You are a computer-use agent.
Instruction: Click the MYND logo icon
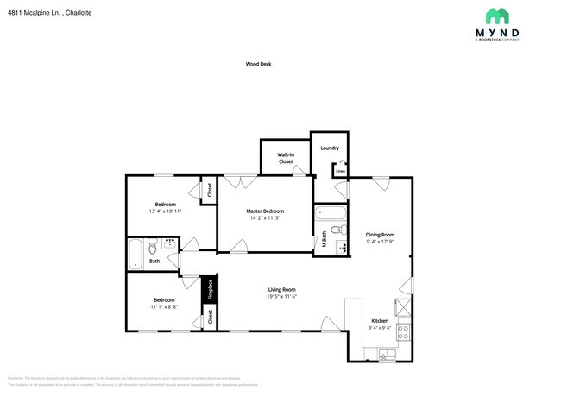(x=497, y=16)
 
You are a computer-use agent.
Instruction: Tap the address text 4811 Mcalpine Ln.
(x=49, y=14)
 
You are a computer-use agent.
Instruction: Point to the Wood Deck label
(x=258, y=63)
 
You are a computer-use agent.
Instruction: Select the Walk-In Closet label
(x=286, y=158)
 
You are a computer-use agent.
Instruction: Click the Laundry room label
(x=330, y=148)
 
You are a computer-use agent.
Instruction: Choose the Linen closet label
(x=341, y=171)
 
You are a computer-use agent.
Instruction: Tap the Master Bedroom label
(x=265, y=211)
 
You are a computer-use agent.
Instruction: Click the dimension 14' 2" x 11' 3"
(x=265, y=219)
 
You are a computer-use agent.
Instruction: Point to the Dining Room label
(x=380, y=234)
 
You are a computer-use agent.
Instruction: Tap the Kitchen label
(x=381, y=320)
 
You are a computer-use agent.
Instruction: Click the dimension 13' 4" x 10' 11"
(x=165, y=211)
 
